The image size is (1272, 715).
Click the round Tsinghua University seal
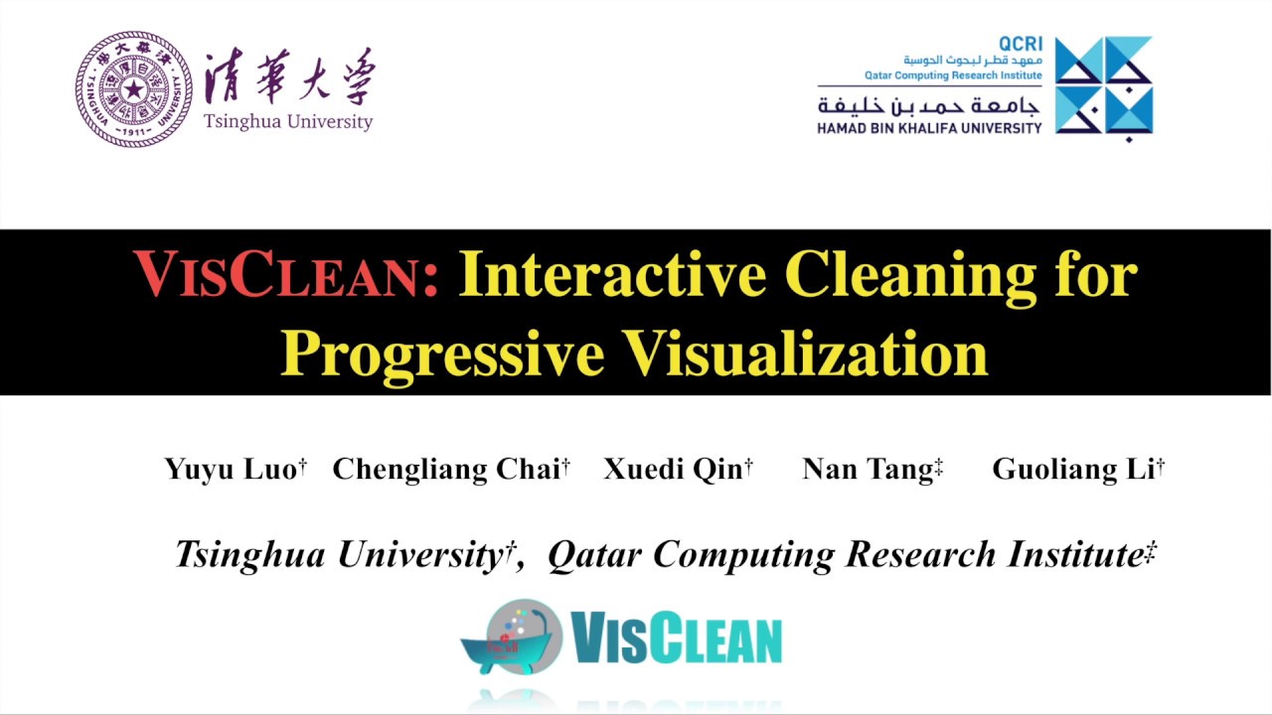click(x=133, y=89)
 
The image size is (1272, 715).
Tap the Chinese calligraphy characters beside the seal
click(x=289, y=75)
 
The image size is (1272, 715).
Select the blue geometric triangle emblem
click(x=1103, y=85)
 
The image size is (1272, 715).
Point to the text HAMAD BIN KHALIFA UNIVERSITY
click(x=929, y=128)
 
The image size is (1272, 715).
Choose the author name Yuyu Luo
click(x=231, y=469)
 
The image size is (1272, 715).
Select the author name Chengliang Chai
click(x=446, y=469)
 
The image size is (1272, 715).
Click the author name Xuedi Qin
click(x=673, y=469)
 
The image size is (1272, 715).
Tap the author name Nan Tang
click(x=868, y=469)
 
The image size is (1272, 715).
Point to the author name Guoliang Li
click(x=1073, y=469)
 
